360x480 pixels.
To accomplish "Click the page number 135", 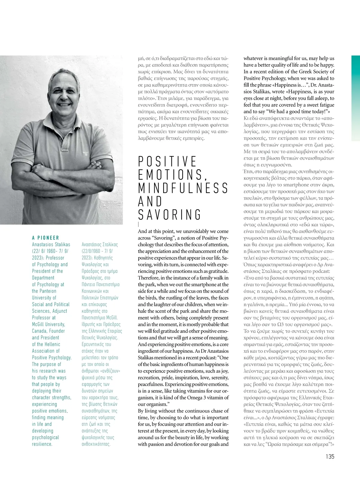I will pos(330,456).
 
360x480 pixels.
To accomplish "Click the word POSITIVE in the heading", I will pos(167,162).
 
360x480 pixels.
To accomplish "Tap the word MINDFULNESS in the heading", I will pos(183,188).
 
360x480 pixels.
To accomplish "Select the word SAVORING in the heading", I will pos(170,215).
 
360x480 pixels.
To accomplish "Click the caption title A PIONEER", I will pos(46,238).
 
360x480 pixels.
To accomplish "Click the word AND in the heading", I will pos(150,201).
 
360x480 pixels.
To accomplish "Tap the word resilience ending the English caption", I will pos(42,444).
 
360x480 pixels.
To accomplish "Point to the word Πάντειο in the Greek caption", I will pos(89,285).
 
